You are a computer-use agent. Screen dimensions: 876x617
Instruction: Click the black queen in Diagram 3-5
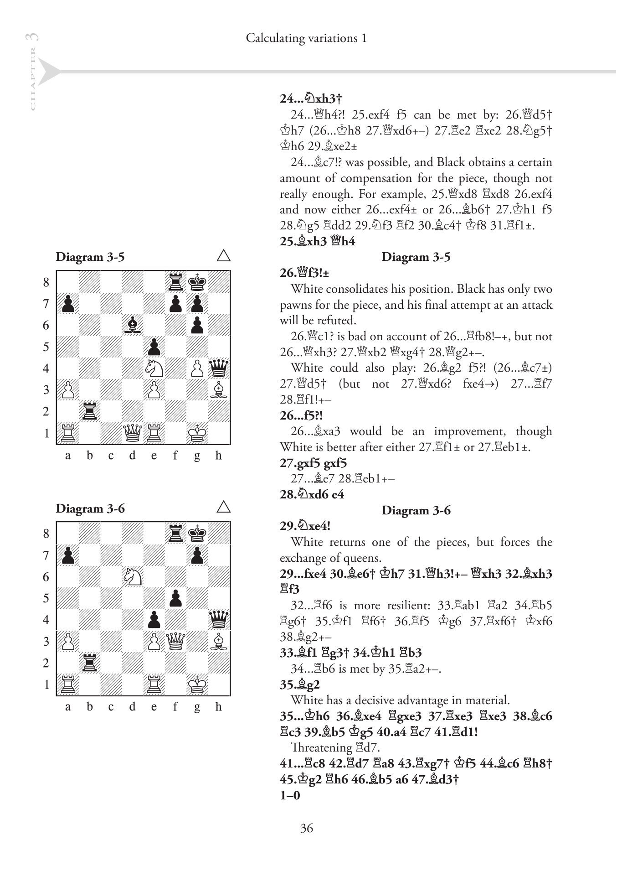[x=219, y=368]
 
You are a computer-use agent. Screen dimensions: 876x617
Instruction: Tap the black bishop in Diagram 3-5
[x=133, y=325]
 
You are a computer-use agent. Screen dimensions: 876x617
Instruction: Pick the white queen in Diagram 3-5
[x=133, y=433]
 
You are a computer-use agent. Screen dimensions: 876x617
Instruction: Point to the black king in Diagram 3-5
[x=197, y=281]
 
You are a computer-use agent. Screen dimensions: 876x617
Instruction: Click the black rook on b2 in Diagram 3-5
[x=89, y=411]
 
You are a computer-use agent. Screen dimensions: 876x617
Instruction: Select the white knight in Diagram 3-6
[x=133, y=576]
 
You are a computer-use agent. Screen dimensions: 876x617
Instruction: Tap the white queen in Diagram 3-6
[x=175, y=641]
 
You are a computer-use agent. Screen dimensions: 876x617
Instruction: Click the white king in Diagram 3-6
[x=197, y=684]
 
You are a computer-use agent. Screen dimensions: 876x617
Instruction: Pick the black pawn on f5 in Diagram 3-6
[x=175, y=598]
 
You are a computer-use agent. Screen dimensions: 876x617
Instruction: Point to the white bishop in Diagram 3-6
[x=219, y=641]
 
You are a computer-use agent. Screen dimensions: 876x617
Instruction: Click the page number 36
[x=307, y=828]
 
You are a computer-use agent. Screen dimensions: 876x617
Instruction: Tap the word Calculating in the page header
[x=274, y=38]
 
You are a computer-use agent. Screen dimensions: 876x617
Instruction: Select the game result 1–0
[x=290, y=795]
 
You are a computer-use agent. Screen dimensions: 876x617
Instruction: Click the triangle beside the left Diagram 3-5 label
[x=223, y=256]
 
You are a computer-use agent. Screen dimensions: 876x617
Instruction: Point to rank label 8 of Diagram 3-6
[x=46, y=534]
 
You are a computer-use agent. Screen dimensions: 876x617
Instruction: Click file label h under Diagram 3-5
[x=219, y=455]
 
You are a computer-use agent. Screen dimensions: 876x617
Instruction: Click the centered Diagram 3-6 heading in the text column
[x=416, y=510]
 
